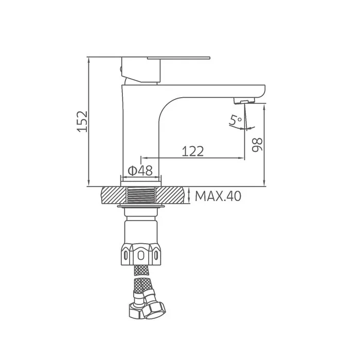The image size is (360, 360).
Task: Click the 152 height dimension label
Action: click(x=82, y=121)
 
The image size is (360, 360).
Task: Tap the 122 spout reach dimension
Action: click(x=193, y=151)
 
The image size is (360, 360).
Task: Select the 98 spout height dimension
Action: click(x=257, y=145)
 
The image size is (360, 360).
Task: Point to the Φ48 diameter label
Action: click(x=140, y=171)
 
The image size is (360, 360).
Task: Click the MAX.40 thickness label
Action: click(x=218, y=196)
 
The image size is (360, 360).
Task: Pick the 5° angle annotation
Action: click(x=236, y=120)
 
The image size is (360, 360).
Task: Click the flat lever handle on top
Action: click(x=178, y=58)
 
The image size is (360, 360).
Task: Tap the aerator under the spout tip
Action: click(x=244, y=100)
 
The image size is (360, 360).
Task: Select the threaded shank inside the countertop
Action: click(x=141, y=195)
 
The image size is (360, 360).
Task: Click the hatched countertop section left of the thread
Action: click(x=114, y=195)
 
